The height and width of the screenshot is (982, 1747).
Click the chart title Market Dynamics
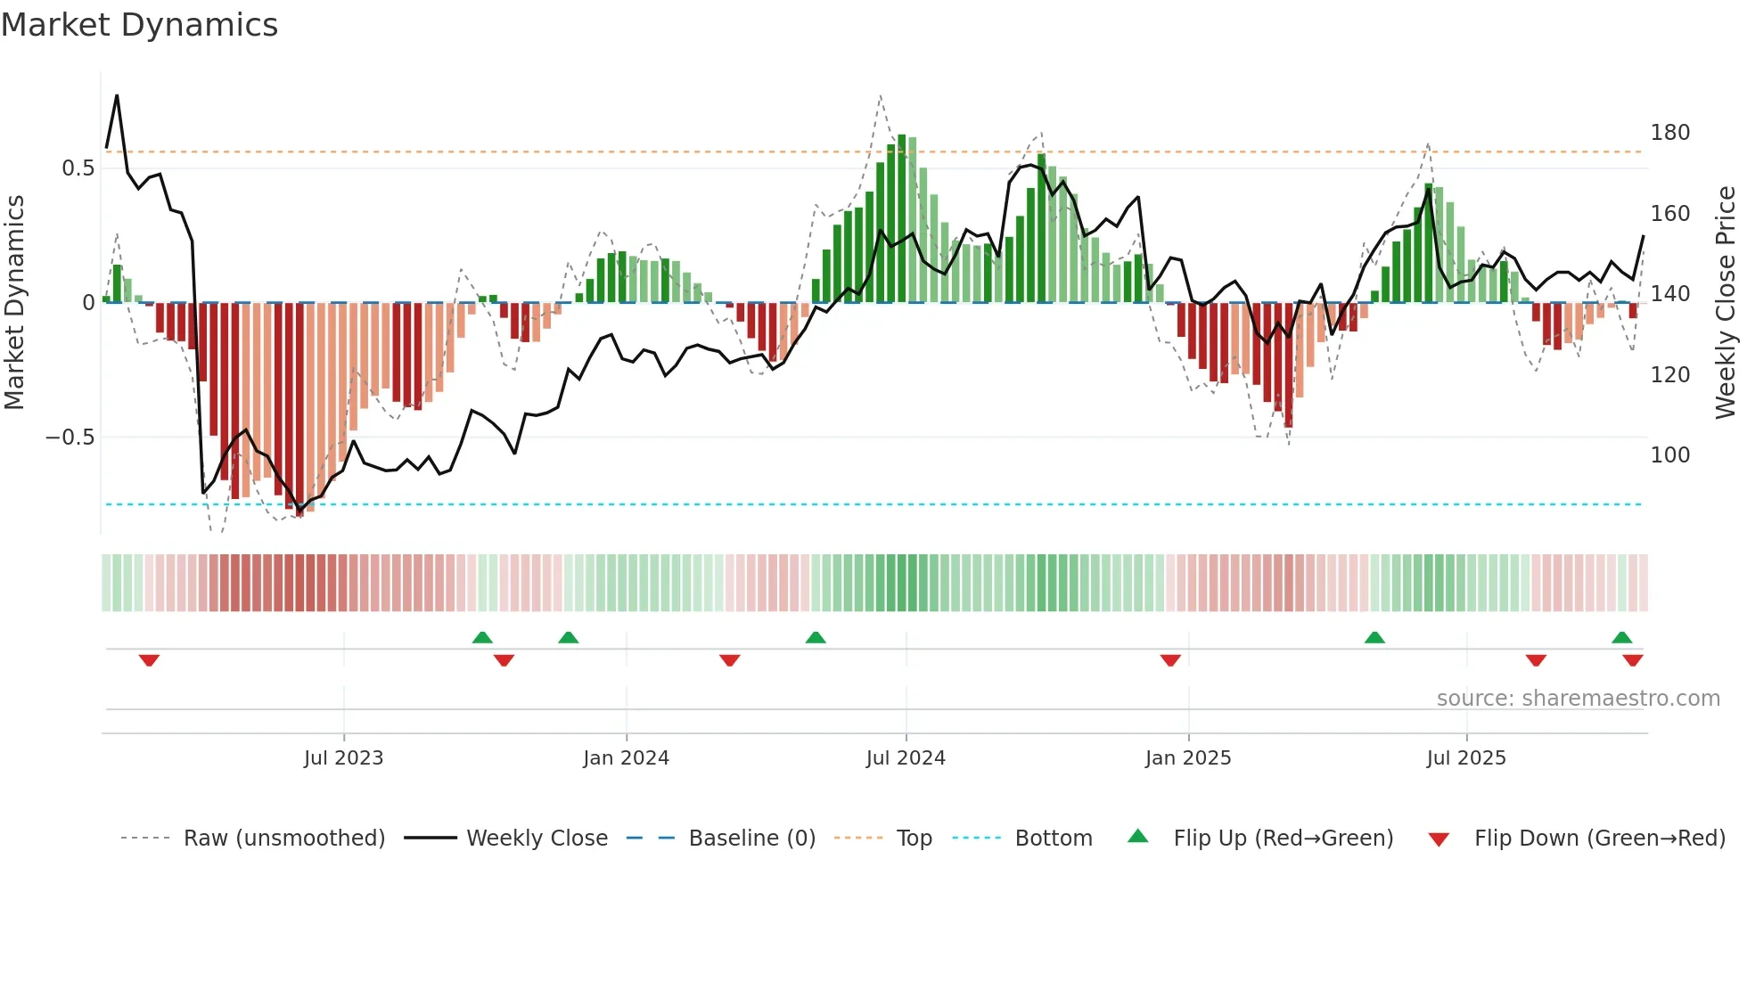pyautogui.click(x=139, y=25)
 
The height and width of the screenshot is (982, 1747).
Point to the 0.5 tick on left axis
pyautogui.click(x=78, y=168)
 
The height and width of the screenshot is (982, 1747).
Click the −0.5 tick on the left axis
pyautogui.click(x=70, y=438)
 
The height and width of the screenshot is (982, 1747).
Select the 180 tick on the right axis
pyautogui.click(x=1669, y=133)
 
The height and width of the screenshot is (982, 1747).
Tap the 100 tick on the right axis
pyautogui.click(x=1669, y=455)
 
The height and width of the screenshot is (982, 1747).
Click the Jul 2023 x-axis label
pyautogui.click(x=343, y=758)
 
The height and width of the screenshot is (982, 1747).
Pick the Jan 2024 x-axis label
pyautogui.click(x=626, y=758)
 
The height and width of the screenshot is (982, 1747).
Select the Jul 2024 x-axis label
pyautogui.click(x=906, y=758)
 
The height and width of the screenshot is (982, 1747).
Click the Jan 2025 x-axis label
pyautogui.click(x=1188, y=758)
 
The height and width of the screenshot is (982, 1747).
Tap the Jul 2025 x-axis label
pyautogui.click(x=1466, y=758)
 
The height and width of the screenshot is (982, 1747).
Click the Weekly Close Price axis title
pyautogui.click(x=1726, y=303)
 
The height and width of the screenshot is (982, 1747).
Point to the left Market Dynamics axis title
pyautogui.click(x=14, y=303)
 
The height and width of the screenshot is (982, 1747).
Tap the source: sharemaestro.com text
pyautogui.click(x=1578, y=699)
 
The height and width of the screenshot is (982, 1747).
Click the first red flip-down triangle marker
pyautogui.click(x=149, y=660)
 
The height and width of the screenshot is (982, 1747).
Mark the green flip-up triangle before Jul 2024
pyautogui.click(x=816, y=637)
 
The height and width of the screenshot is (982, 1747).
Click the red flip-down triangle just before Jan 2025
pyautogui.click(x=1170, y=660)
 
